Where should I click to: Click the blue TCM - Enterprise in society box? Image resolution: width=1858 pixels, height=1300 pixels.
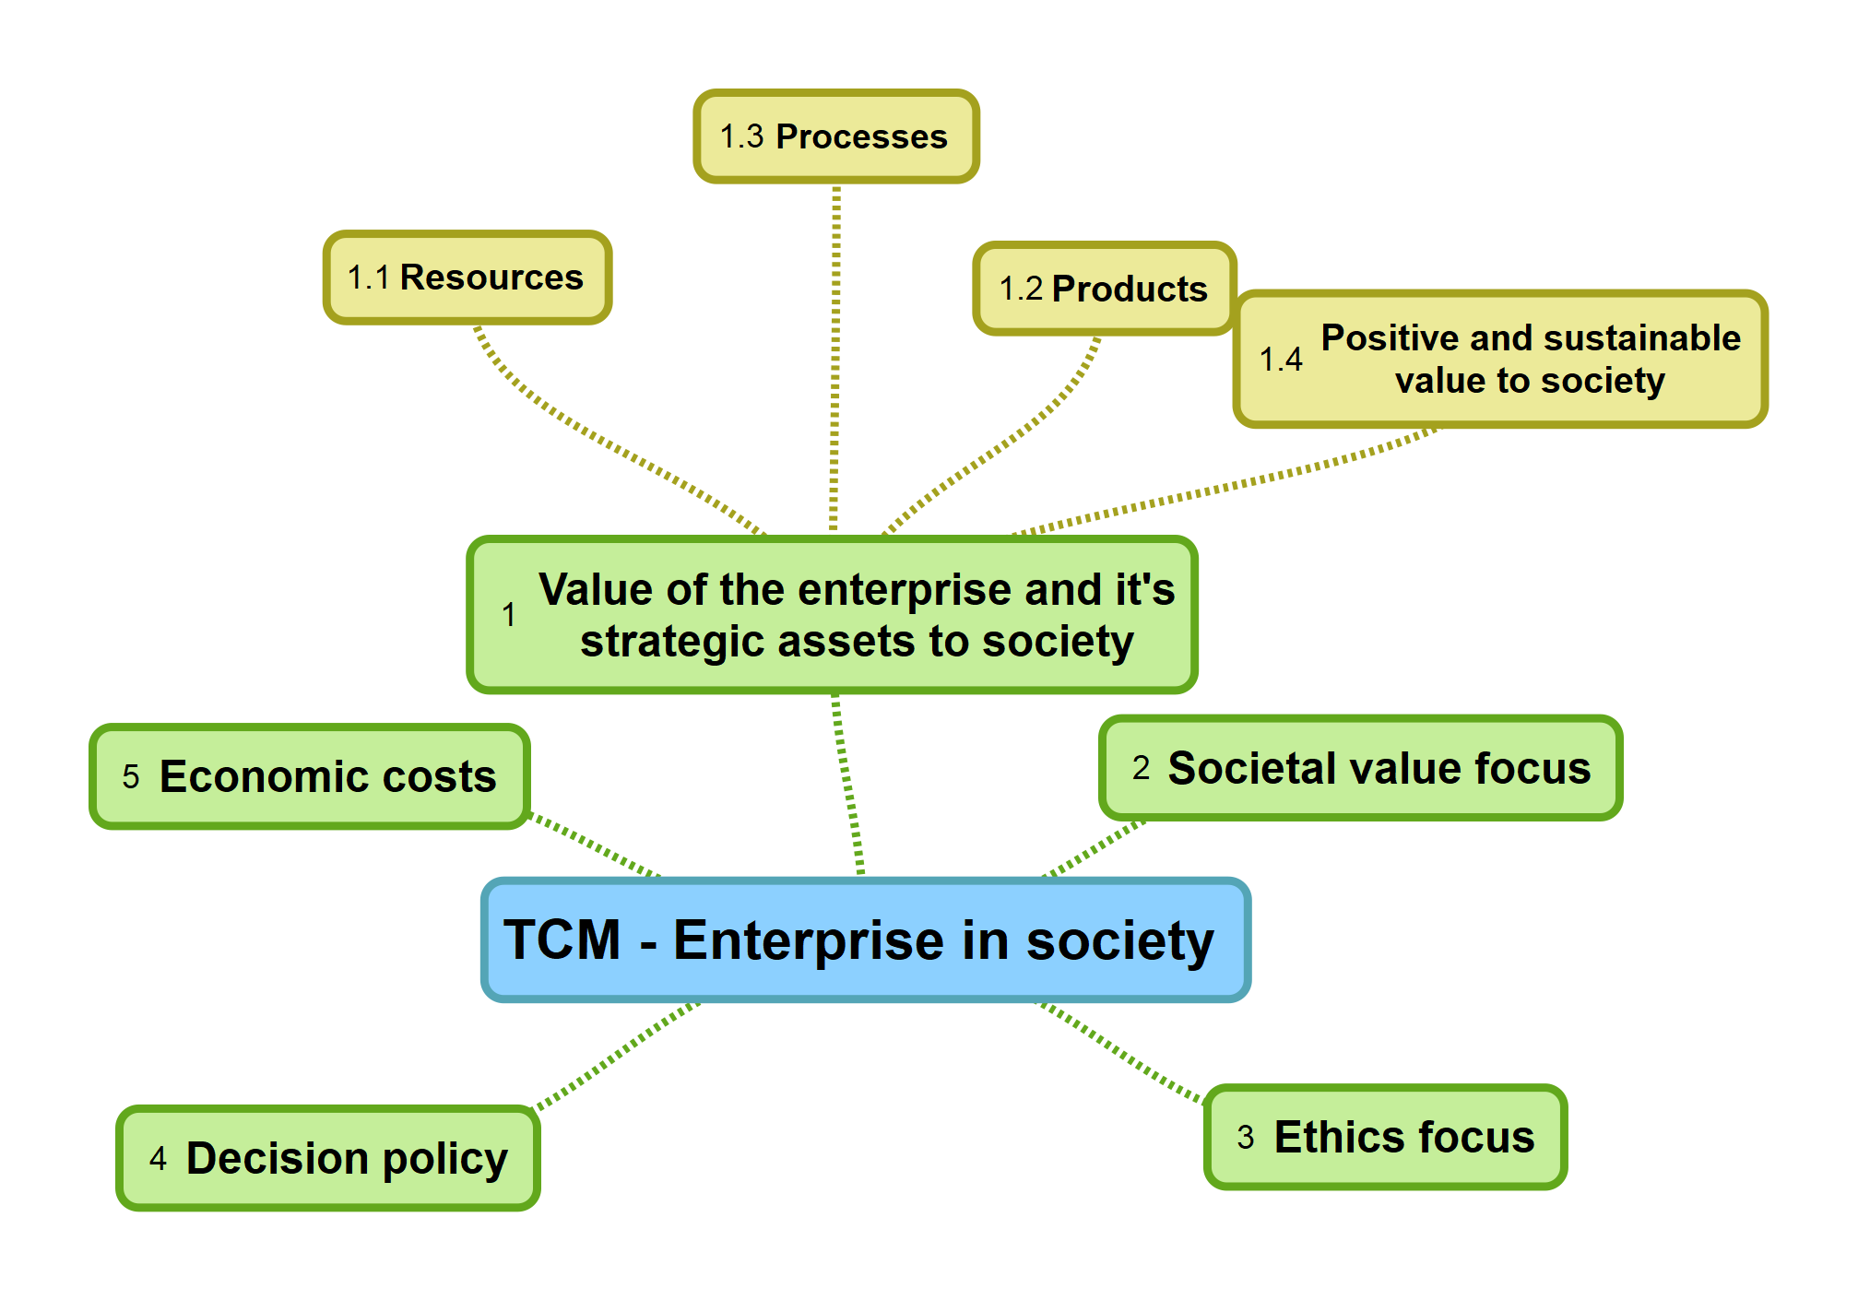coord(865,940)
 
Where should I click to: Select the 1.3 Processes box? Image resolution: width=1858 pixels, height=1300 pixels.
coord(835,136)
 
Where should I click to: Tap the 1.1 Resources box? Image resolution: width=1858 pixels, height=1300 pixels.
coord(467,278)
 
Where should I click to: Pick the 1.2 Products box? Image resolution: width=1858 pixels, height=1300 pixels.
coord(1104,289)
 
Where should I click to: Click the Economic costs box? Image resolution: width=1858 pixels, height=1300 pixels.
coord(310,776)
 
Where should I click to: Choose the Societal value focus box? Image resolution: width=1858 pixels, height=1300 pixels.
coord(1360,768)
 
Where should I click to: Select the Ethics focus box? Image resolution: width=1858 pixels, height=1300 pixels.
coord(1385,1137)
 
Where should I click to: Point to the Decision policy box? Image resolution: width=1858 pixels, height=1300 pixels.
coord(328,1158)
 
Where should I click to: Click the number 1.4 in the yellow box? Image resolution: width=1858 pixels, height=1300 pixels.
coord(1281,360)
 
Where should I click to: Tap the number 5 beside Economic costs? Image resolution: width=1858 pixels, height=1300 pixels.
coord(131,777)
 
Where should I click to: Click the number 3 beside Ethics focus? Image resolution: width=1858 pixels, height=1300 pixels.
coord(1246,1138)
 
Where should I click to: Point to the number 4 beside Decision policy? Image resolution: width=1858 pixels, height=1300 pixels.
coord(158,1159)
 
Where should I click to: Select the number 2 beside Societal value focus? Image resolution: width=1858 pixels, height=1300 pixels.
coord(1141,768)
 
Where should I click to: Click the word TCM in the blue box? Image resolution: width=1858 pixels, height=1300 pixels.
coord(562,940)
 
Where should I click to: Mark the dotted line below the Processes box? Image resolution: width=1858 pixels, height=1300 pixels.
coord(835,360)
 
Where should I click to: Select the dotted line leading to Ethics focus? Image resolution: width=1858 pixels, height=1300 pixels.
coord(1120,1051)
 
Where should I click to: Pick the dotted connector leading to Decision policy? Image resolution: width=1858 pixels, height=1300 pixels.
coord(618,1056)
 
